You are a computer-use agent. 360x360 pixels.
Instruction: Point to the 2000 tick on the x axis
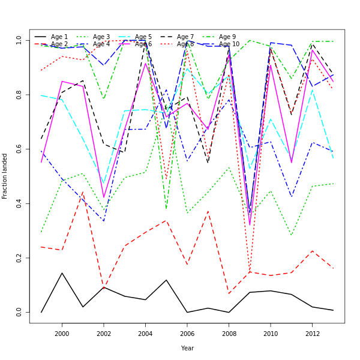pos(62,334)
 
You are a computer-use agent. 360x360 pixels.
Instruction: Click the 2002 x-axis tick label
pos(104,334)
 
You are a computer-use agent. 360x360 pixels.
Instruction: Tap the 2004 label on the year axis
pos(145,334)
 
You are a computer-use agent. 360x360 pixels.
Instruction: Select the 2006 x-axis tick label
pos(187,334)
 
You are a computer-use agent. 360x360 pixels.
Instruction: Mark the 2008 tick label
pos(229,334)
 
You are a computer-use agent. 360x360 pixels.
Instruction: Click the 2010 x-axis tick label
pos(270,334)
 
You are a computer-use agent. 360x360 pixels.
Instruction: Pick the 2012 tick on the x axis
pos(312,334)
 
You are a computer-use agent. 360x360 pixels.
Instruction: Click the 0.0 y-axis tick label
pos(19,312)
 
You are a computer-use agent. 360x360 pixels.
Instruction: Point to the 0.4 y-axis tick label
pos(19,203)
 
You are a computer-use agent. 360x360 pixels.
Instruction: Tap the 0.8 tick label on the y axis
pos(19,95)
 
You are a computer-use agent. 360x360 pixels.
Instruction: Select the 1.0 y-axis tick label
pos(19,40)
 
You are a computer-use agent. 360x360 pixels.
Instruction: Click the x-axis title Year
pos(187,348)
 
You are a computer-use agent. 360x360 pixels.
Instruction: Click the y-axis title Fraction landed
pos(5,176)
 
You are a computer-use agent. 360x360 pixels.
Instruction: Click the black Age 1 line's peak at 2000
pos(62,273)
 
